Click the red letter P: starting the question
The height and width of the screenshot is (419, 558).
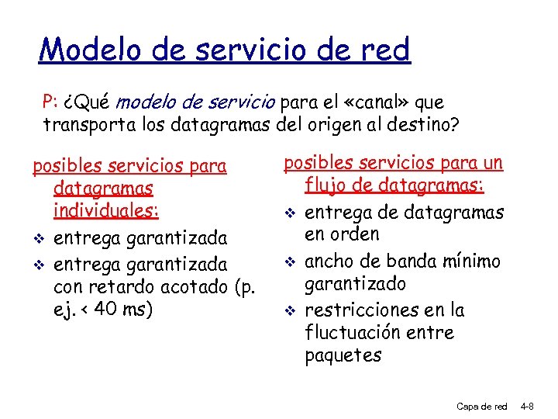tap(50, 102)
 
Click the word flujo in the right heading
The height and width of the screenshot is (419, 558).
tap(325, 185)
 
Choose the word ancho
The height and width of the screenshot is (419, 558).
tap(330, 261)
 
